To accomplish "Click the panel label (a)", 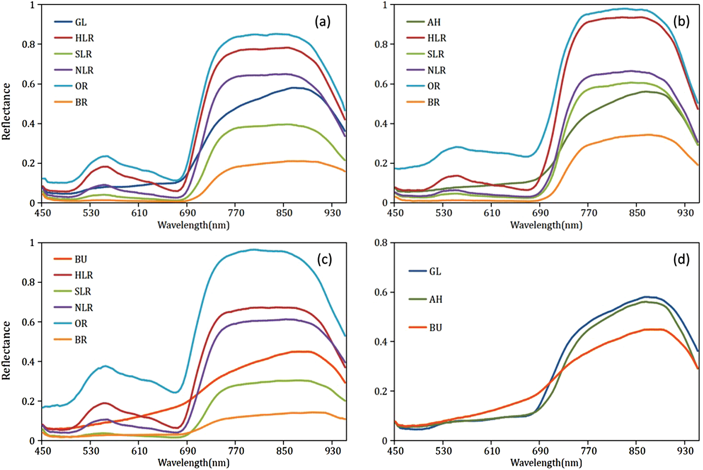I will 323,22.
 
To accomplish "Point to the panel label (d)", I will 681,260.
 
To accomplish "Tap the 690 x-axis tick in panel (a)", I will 187,213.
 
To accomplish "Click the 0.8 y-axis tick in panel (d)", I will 381,243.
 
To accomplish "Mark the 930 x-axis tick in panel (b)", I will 685,213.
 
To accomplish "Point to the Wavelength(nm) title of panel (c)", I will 193,463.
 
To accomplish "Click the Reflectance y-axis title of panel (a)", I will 6,111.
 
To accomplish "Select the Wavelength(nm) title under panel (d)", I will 546,463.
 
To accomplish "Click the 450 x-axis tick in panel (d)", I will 395,451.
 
